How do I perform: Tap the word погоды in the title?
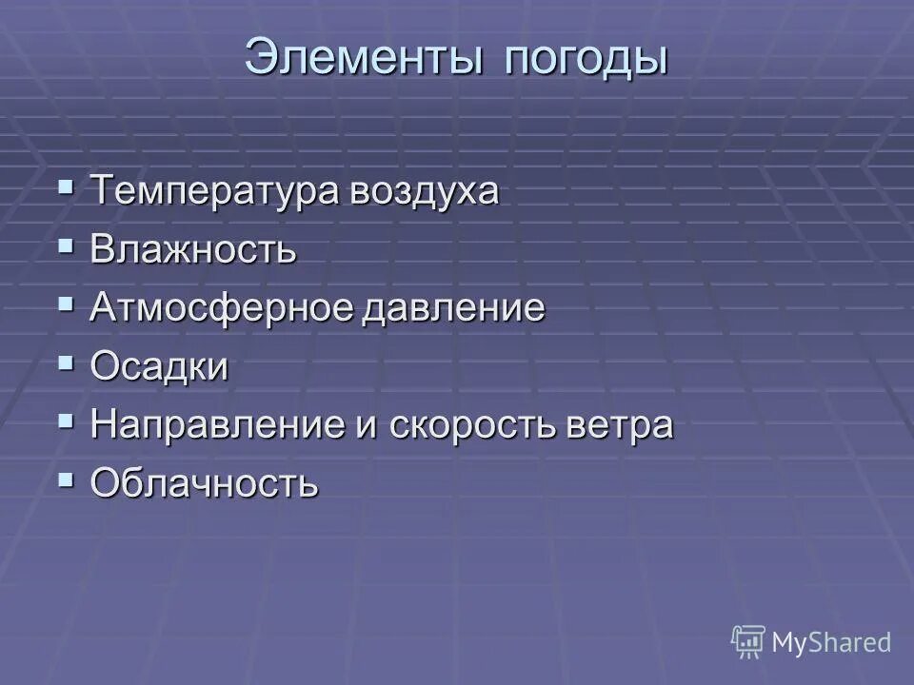pos(586,58)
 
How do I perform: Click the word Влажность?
pos(193,251)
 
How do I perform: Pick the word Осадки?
pos(160,367)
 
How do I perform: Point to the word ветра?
pos(626,425)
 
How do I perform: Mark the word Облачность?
pos(205,484)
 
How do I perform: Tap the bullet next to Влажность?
pos(66,245)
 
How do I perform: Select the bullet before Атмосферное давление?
pos(66,304)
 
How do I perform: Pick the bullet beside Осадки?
pos(66,362)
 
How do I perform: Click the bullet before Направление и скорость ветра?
pos(66,420)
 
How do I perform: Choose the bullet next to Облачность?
pos(66,479)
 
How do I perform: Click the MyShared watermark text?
pos(831,642)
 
